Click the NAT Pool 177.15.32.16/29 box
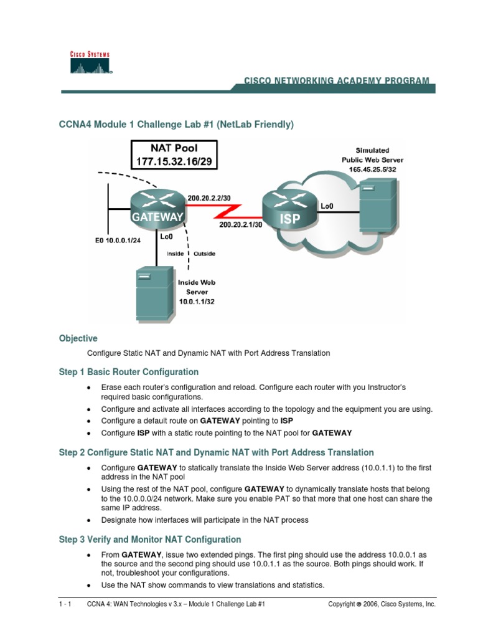[174, 155]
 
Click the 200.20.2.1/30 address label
[239, 226]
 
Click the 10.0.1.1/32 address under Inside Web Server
[198, 301]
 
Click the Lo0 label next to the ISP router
[326, 204]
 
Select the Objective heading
[78, 338]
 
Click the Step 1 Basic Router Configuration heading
[129, 372]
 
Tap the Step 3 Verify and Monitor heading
[150, 539]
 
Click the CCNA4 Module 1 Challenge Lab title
[176, 125]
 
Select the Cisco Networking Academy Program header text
[336, 81]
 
